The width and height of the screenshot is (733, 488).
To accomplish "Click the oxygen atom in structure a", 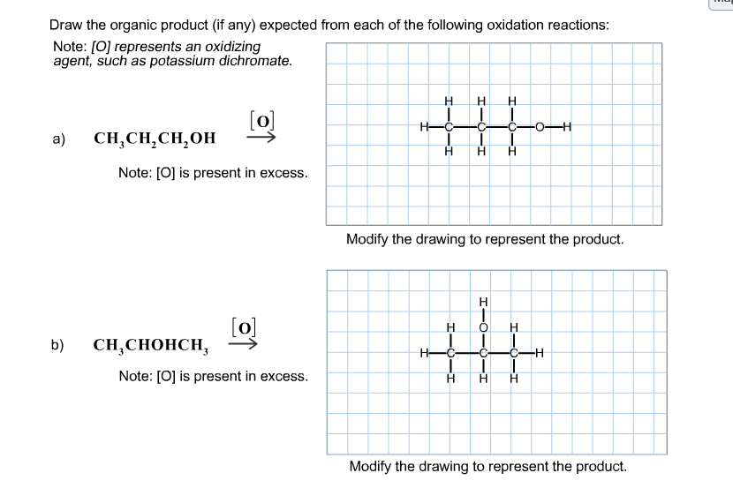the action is pos(540,127).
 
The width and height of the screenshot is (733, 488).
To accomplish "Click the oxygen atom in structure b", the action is pos(483,327).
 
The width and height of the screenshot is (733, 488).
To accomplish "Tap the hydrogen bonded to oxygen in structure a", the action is pos(567,127).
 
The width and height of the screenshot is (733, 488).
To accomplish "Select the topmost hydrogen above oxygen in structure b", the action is pos(483,302).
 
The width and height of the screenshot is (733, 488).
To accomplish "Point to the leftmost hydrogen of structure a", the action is pos(424,127).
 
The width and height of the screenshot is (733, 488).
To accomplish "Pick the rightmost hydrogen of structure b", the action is pos(540,353).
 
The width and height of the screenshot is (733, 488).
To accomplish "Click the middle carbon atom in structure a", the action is pos(481,127).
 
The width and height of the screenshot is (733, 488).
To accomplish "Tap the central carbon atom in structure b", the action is pos(483,353).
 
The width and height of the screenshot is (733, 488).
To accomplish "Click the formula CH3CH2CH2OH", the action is pos(155,139).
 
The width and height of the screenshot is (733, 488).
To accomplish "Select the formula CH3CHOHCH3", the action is pos(150,346).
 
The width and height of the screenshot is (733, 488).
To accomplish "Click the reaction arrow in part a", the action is pos(261,137).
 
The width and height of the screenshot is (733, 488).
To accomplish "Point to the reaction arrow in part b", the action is pos(243,344).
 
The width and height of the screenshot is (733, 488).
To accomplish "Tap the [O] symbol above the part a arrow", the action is pos(262,121).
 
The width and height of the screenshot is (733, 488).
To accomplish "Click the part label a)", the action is pos(59,139).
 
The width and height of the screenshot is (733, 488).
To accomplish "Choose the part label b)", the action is pos(57,345).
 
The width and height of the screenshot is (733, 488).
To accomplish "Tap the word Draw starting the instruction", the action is pos(66,25).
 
